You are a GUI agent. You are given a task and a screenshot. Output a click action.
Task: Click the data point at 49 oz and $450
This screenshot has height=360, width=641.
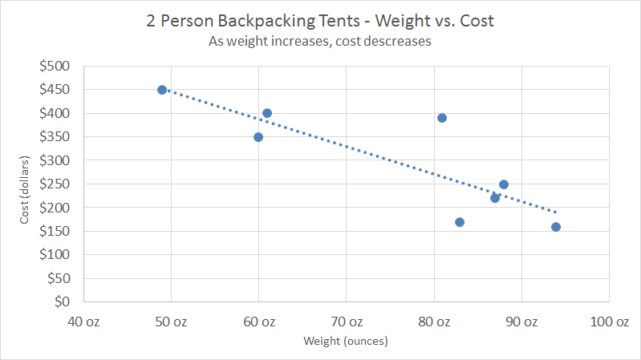pos(162,90)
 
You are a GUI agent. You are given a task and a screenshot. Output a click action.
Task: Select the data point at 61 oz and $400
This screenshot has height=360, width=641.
pos(267,113)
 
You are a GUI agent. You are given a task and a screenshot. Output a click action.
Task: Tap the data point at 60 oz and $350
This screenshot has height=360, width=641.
pos(258,137)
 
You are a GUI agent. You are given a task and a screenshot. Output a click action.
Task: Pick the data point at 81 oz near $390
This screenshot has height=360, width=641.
pos(442,118)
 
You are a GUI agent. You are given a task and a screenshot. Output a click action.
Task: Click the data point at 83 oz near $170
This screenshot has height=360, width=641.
pos(460,222)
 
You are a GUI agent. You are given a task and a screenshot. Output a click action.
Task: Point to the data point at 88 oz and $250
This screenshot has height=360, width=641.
pos(504,184)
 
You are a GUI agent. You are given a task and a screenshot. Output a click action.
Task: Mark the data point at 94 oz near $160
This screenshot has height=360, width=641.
pos(556,227)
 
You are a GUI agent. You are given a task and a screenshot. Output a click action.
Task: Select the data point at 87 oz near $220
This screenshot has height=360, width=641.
pos(495,198)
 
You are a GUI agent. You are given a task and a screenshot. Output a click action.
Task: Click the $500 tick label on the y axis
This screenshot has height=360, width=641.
pos(55,67)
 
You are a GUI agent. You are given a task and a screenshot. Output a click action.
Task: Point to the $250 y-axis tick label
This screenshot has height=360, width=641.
pos(55,184)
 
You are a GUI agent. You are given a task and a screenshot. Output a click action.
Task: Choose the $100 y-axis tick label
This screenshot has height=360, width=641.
pos(55,255)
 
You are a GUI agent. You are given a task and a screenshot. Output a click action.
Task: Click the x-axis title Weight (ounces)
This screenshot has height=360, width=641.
pos(346,342)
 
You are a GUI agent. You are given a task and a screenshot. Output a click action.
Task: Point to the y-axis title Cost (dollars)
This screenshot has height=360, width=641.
pos(25,184)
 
